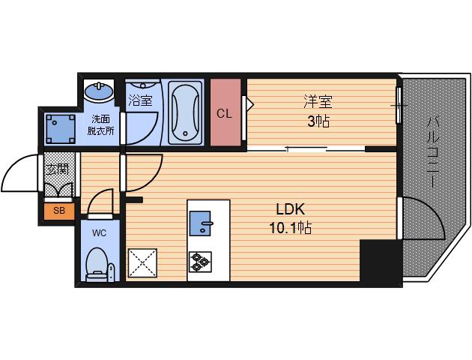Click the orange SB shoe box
pyautogui.click(x=59, y=211)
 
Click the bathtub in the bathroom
pyautogui.click(x=184, y=112)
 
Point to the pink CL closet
pyautogui.click(x=226, y=112)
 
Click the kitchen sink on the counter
pyautogui.click(x=200, y=223)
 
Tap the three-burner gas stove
pyautogui.click(x=200, y=262)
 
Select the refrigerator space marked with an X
pyautogui.click(x=142, y=262)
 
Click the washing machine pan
pyautogui.click(x=60, y=129)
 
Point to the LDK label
pyautogui.click(x=290, y=209)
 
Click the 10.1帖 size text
pyautogui.click(x=290, y=228)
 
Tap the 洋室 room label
pyautogui.click(x=318, y=101)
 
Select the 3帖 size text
pyautogui.click(x=318, y=121)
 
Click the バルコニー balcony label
pyautogui.click(x=433, y=152)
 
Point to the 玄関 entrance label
pyautogui.click(x=58, y=169)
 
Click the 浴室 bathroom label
pyautogui.click(x=140, y=100)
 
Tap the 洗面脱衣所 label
pyautogui.click(x=101, y=125)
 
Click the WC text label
pyautogui.click(x=100, y=232)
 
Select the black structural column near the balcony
pyautogui.click(x=381, y=261)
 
